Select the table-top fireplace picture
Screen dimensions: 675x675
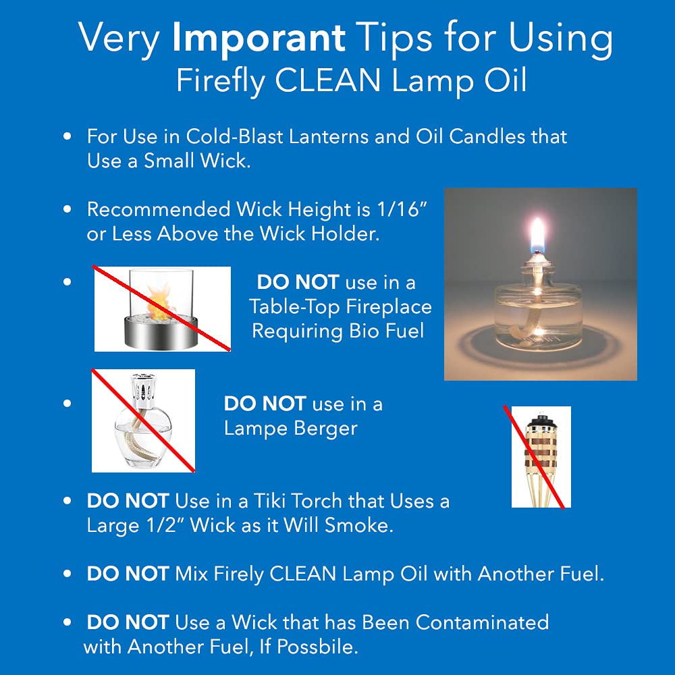[162, 308]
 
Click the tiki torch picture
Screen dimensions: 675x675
[541, 456]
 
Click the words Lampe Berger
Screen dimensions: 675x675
[290, 428]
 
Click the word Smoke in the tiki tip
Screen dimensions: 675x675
[359, 525]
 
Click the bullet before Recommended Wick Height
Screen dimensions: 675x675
[67, 209]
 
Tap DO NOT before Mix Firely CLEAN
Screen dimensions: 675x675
[128, 574]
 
